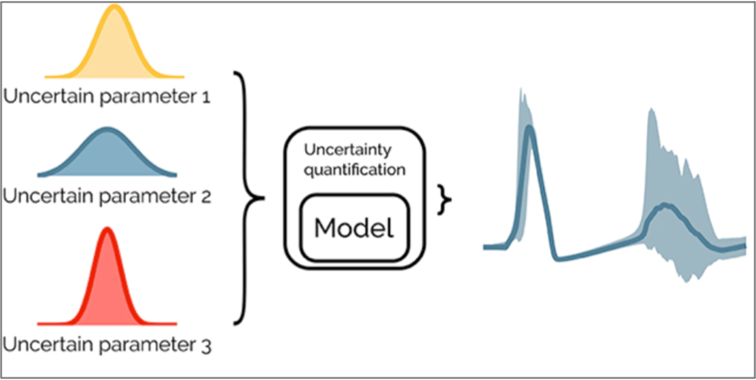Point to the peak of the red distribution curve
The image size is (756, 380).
pyautogui.click(x=108, y=229)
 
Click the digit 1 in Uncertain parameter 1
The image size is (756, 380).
pyautogui.click(x=207, y=95)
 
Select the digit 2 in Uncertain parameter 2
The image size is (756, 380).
pyautogui.click(x=209, y=196)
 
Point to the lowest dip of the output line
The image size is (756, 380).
pyautogui.click(x=559, y=260)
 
